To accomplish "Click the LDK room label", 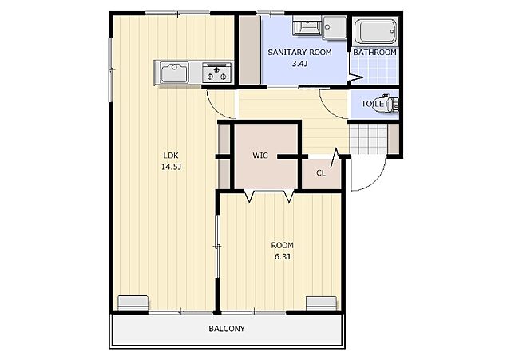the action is coord(171,155).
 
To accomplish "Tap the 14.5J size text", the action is coord(171,167).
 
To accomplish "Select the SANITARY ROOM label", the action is coord(299,52).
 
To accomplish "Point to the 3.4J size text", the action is coord(299,64).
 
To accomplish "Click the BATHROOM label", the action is coord(374,52).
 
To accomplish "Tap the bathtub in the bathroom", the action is coord(375,32).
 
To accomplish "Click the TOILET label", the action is coord(374,104).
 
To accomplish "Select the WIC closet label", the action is coord(260,156).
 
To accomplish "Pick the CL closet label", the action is coord(321,173).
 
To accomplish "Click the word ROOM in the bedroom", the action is coord(282,245).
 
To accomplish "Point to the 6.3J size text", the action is coord(282,257).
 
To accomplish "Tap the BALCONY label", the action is coord(227,329).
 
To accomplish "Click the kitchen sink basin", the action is coord(174,73).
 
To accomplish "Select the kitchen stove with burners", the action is coord(216,73).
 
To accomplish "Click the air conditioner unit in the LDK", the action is coord(133,303).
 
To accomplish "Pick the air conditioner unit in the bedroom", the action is coord(321,303).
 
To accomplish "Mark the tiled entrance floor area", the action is coord(368,139).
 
